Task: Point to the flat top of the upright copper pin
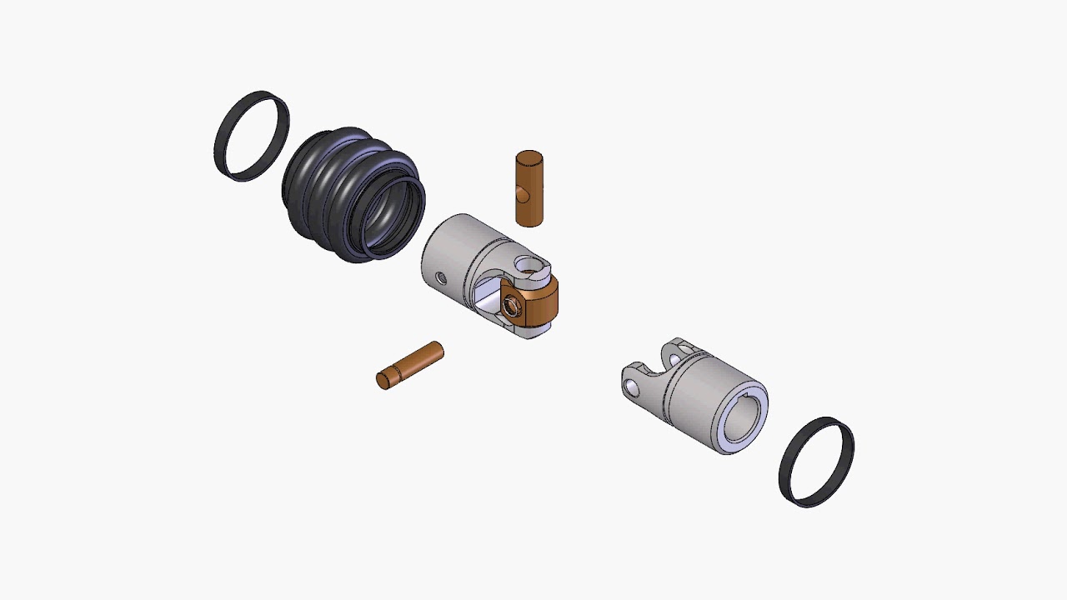[x=529, y=157]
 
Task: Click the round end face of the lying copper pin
[x=383, y=381]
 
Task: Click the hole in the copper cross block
[x=513, y=306]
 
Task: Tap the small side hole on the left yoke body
[x=441, y=277]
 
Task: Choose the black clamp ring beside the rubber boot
[x=252, y=136]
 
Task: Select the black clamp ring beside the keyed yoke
[x=816, y=462]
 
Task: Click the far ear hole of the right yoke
[x=686, y=349]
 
